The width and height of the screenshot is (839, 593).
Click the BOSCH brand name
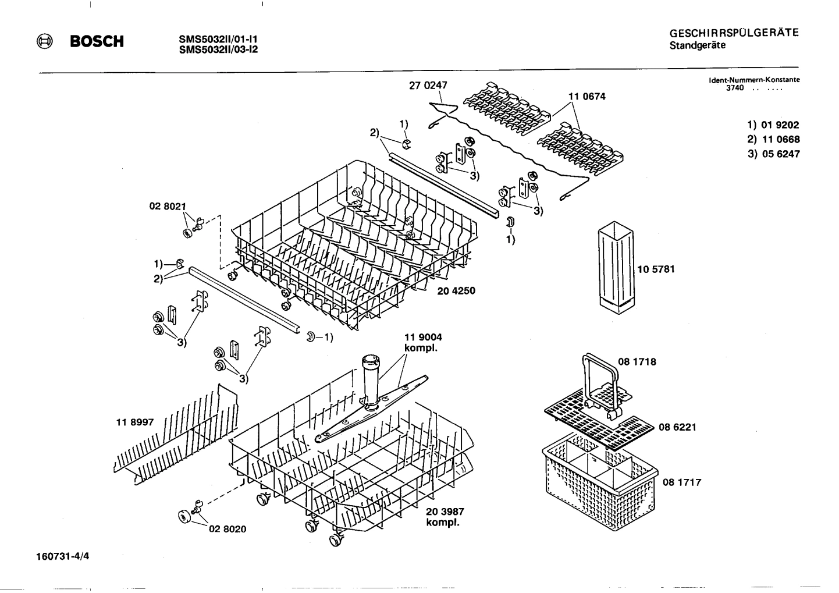tap(97, 42)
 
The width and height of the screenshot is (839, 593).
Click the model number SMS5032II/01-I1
tap(218, 40)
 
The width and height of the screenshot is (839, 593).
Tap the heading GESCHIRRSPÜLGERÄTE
tap(734, 33)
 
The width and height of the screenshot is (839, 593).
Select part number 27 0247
tap(428, 86)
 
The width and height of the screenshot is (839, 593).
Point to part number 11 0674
tap(586, 97)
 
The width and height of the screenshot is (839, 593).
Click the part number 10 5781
tap(656, 269)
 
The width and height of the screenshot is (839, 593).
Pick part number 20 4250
tap(456, 290)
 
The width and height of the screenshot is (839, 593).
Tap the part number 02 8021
tap(168, 206)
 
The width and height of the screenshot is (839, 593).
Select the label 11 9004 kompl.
tap(423, 342)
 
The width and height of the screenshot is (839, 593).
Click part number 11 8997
tap(135, 422)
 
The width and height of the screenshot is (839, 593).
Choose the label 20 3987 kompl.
tap(445, 517)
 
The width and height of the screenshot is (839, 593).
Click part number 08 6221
tap(677, 427)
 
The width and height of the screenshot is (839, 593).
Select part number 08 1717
tap(682, 482)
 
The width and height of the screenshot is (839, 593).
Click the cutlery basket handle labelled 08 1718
tap(599, 378)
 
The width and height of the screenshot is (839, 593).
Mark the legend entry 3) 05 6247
tap(773, 154)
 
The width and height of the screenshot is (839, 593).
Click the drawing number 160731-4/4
tap(62, 556)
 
